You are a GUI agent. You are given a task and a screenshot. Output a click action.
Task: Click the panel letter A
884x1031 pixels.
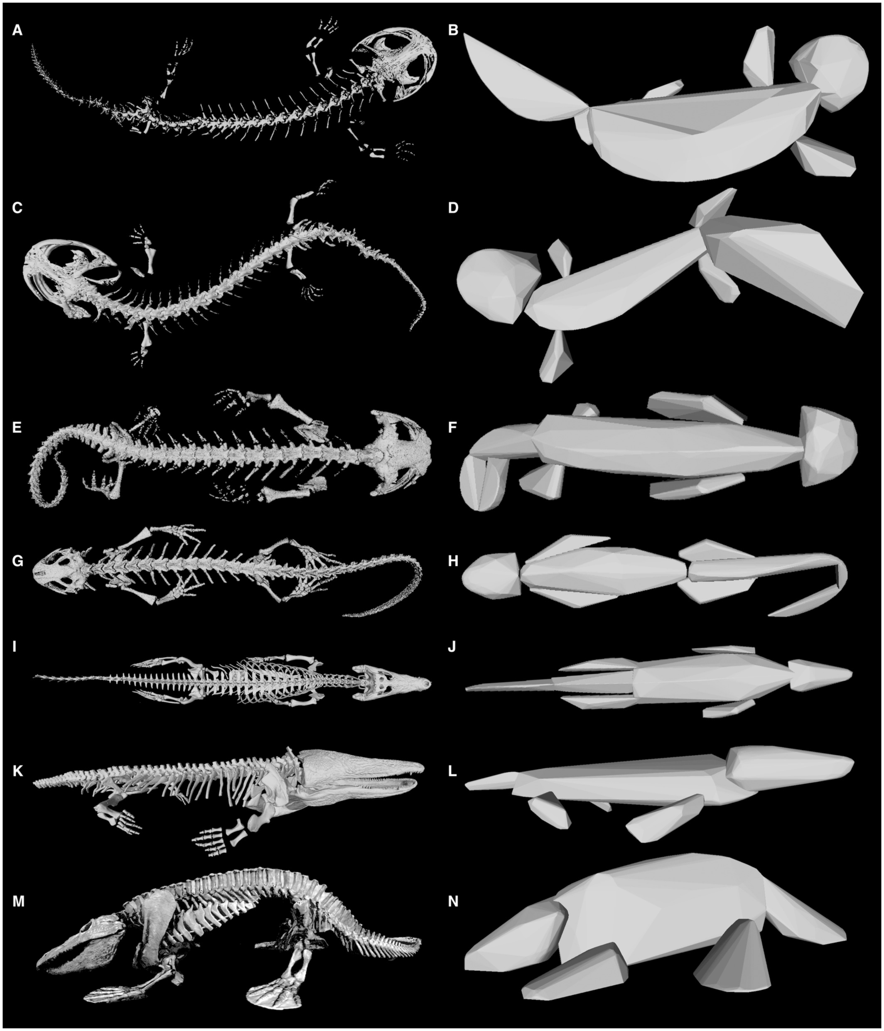pyautogui.click(x=17, y=31)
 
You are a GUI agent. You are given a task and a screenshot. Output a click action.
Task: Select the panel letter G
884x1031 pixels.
pyautogui.click(x=18, y=561)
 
